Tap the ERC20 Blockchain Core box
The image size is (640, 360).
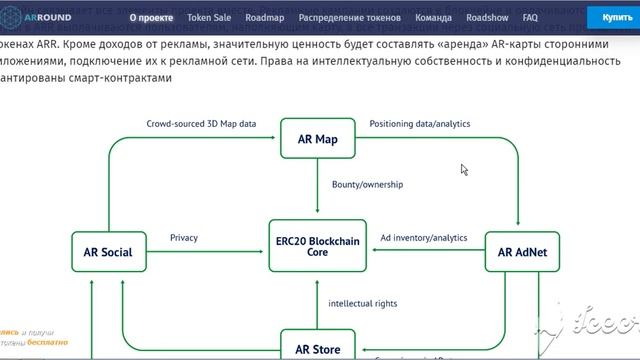(319, 246)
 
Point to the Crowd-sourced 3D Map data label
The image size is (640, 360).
(201, 123)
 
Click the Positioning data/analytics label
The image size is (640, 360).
(420, 123)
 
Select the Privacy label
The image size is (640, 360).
(184, 238)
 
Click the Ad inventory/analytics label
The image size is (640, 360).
(424, 238)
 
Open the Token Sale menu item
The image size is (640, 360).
(207, 18)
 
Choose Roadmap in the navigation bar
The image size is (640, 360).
(265, 18)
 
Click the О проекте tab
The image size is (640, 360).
(146, 18)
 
